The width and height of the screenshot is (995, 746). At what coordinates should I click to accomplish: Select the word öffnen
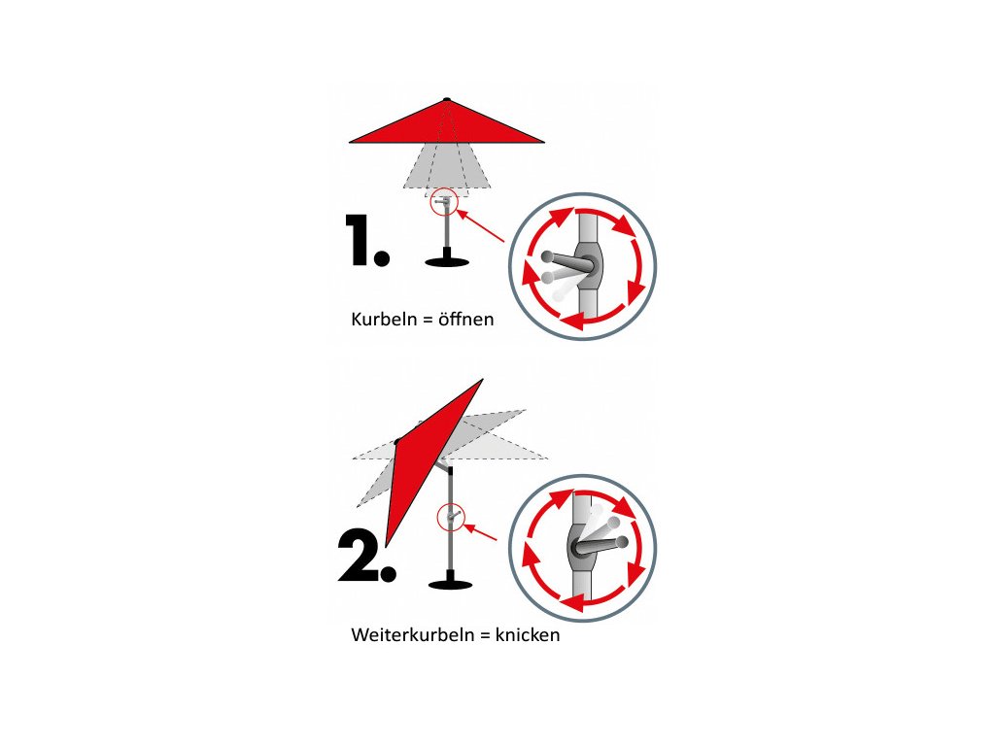(465, 319)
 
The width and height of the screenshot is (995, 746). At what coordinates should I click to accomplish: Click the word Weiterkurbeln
(412, 634)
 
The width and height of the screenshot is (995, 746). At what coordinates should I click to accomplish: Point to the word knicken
(528, 634)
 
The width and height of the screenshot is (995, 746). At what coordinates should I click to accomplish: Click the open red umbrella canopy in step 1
(447, 123)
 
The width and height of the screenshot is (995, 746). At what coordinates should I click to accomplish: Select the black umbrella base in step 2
(451, 581)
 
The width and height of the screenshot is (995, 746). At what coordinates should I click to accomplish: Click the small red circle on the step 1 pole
(443, 203)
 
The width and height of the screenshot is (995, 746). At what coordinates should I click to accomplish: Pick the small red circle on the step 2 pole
(451, 518)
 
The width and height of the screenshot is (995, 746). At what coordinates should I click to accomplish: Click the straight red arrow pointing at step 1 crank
(480, 225)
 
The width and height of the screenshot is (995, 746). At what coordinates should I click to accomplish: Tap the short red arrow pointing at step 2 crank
(481, 531)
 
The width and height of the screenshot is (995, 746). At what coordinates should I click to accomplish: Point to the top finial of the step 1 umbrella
(447, 99)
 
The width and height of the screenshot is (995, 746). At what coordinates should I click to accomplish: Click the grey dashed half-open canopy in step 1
(447, 166)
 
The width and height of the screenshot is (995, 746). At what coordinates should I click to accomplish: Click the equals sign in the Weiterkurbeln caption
(485, 635)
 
